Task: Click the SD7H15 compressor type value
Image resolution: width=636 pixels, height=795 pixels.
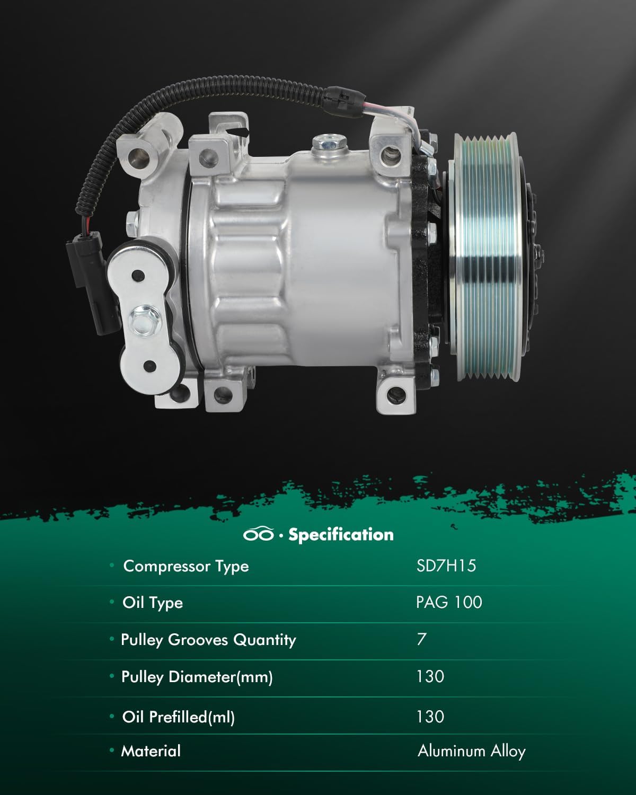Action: pyautogui.click(x=446, y=566)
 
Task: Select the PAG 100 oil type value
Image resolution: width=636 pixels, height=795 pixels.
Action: pyautogui.click(x=449, y=603)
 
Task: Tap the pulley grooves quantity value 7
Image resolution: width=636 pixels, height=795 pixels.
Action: pyautogui.click(x=421, y=639)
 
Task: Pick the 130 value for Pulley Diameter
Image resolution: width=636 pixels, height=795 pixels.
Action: pyautogui.click(x=430, y=676)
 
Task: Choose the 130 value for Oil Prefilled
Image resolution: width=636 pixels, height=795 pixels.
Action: pyautogui.click(x=430, y=717)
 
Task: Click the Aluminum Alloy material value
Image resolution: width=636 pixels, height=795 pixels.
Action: pyautogui.click(x=471, y=751)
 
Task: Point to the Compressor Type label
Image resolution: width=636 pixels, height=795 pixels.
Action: pyautogui.click(x=185, y=566)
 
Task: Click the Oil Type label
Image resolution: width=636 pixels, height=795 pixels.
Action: pyautogui.click(x=153, y=603)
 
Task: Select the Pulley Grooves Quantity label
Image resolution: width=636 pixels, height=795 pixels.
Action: pyautogui.click(x=208, y=640)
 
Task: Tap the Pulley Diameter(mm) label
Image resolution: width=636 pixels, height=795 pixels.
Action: pyautogui.click(x=197, y=677)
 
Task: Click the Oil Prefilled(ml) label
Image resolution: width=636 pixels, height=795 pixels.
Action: pyautogui.click(x=178, y=717)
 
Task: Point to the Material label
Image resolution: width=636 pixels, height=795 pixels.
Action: pyautogui.click(x=151, y=751)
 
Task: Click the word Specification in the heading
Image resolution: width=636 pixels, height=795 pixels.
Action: pyautogui.click(x=341, y=534)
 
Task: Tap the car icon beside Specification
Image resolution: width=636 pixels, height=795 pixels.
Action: pyautogui.click(x=259, y=534)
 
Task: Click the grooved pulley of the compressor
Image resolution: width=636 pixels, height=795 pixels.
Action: pyautogui.click(x=485, y=257)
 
